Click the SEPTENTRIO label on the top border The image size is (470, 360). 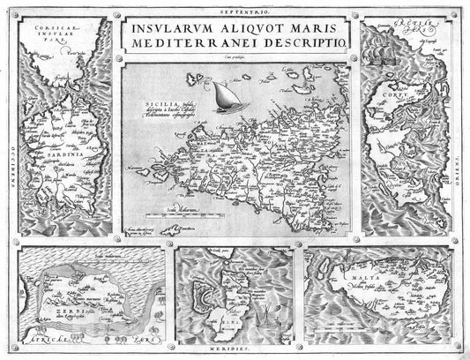[x=235, y=5]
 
